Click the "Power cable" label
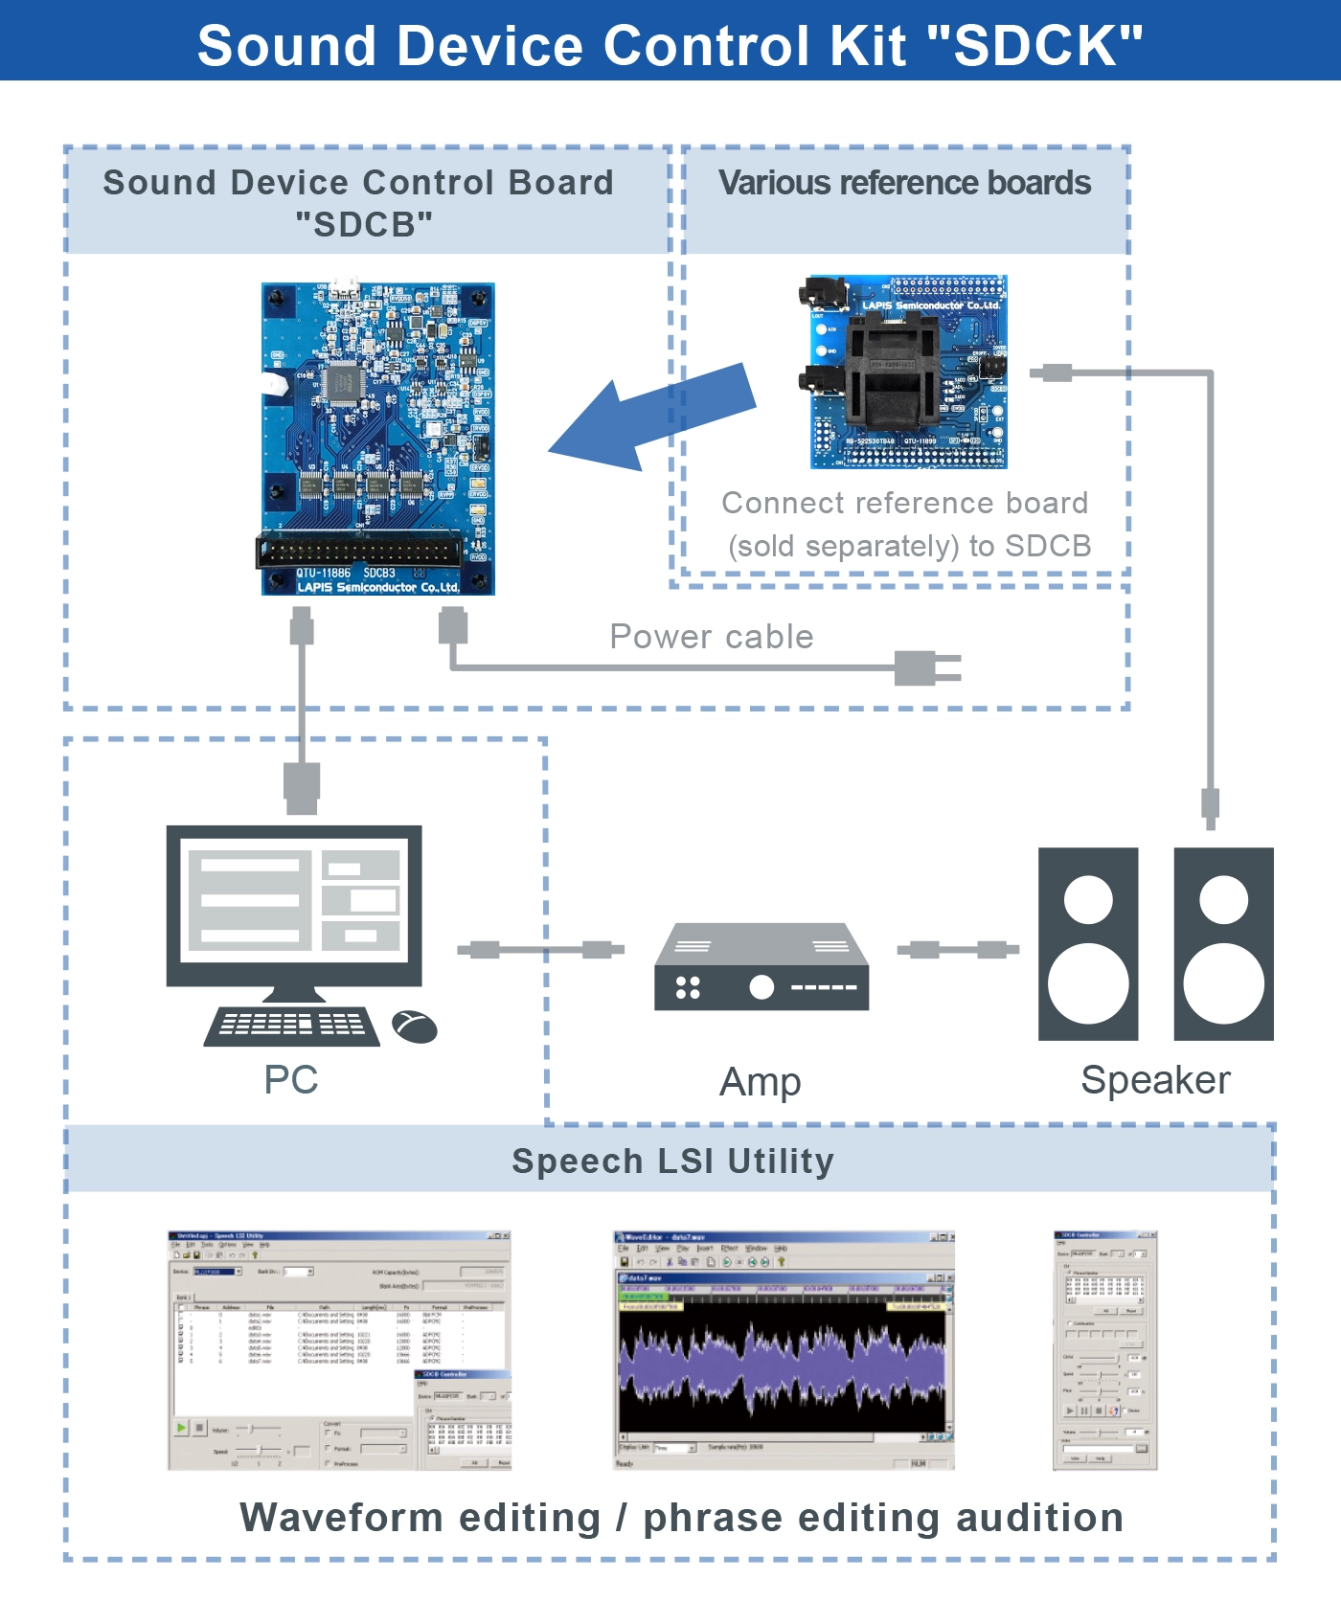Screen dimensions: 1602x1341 click(x=712, y=637)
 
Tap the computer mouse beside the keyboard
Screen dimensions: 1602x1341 click(x=415, y=1027)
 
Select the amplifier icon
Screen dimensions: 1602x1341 click(x=761, y=967)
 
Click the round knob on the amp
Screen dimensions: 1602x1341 click(x=761, y=987)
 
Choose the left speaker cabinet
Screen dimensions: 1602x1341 click(x=1088, y=943)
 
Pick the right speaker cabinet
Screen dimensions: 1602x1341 click(x=1223, y=943)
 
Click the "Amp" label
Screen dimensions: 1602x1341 click(x=761, y=1082)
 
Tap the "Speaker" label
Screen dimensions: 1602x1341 click(x=1155, y=1080)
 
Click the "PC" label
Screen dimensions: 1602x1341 click(x=291, y=1080)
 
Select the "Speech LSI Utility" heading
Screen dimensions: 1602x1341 click(x=672, y=1161)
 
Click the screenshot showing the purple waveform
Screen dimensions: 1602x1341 click(x=784, y=1350)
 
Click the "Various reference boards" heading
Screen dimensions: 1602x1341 click(x=904, y=183)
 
